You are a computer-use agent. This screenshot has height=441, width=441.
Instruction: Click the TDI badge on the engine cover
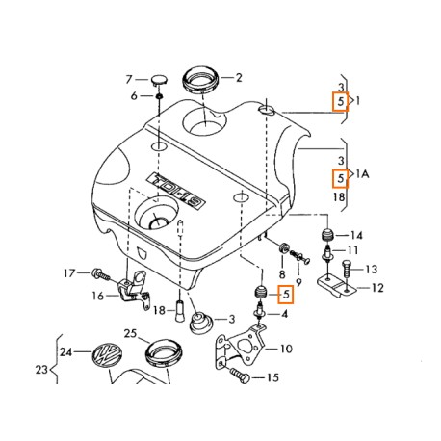tap(176, 191)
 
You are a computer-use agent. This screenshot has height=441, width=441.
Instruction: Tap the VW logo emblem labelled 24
tap(108, 354)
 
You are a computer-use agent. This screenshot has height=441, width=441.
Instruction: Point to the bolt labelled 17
tap(100, 274)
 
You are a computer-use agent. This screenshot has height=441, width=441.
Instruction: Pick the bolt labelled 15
tap(240, 376)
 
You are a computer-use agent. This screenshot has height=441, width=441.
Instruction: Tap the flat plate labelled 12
tap(336, 286)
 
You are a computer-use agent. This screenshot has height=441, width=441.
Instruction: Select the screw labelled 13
tap(347, 269)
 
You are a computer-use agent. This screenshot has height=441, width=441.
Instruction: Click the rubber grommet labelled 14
tap(327, 235)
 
